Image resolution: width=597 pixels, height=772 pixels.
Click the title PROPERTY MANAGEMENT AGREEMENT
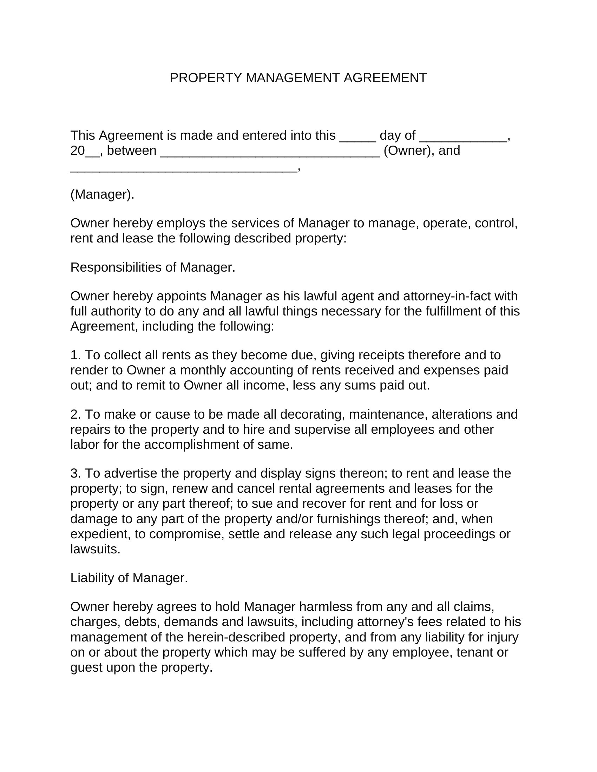[298, 78]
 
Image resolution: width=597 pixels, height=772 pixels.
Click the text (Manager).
[102, 194]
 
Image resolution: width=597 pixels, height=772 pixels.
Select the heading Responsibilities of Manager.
[153, 267]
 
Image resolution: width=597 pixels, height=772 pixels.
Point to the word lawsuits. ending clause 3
[96, 549]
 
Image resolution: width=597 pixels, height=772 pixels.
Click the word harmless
[326, 607]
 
